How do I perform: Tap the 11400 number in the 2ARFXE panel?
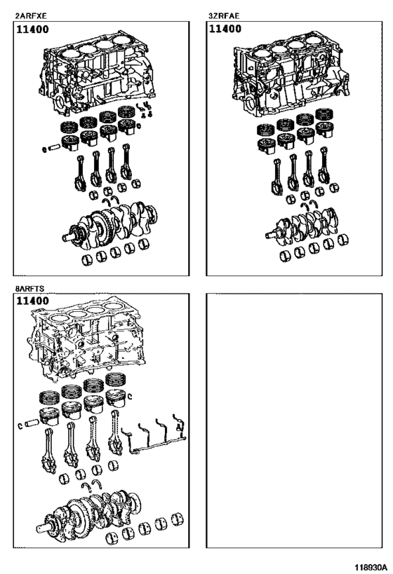tap(33, 31)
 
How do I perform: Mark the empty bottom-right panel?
tap(293, 421)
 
